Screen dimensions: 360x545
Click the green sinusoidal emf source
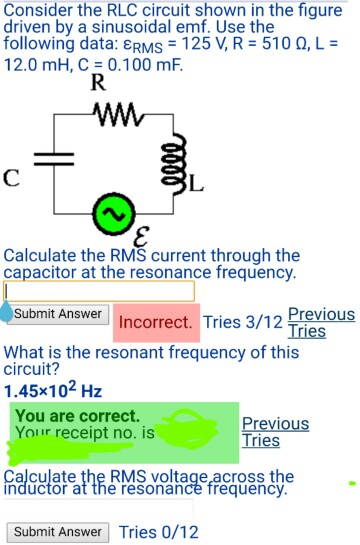(110, 212)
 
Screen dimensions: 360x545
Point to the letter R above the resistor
(98, 83)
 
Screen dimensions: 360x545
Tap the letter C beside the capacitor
(11, 180)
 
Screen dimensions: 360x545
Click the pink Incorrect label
(156, 323)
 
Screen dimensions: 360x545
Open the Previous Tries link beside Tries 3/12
(320, 322)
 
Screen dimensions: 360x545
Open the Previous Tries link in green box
(275, 432)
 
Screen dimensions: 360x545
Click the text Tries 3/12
(241, 322)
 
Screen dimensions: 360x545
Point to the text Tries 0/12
(159, 532)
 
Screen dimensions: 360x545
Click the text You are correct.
(77, 415)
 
